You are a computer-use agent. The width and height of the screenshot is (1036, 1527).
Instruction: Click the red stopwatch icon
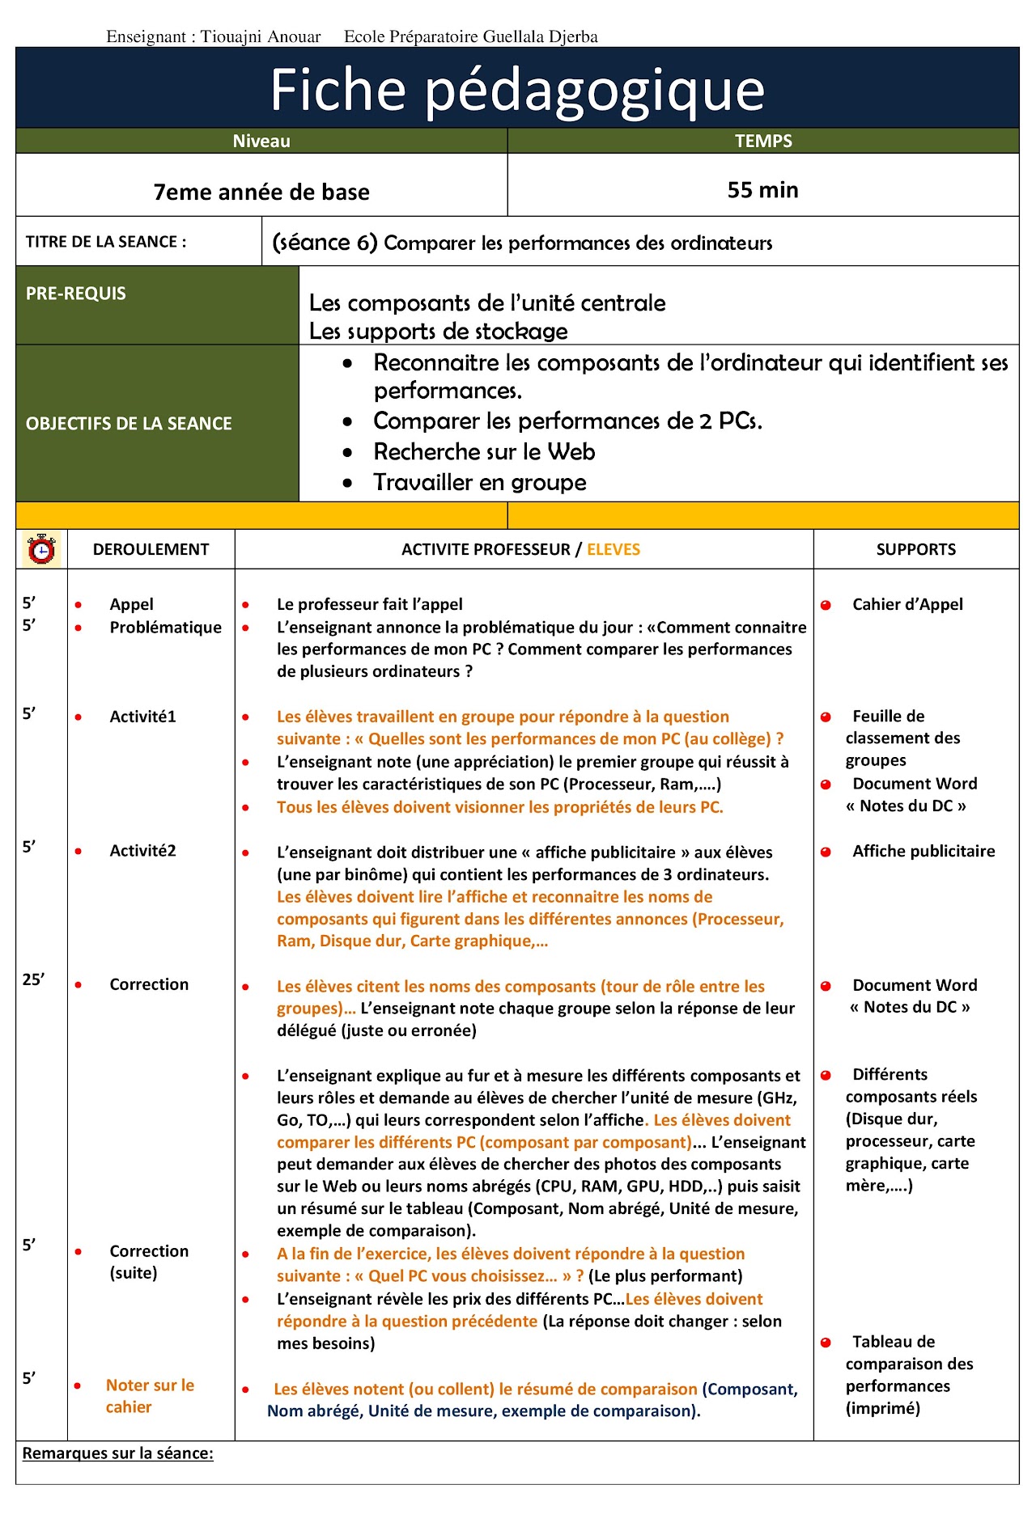41,549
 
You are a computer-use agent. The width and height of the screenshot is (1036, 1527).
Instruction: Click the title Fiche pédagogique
517,89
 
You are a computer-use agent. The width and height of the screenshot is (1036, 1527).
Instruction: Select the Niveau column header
261,141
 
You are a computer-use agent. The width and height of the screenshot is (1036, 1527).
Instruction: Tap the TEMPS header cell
762,141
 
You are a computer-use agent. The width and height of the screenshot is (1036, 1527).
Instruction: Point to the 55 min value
762,190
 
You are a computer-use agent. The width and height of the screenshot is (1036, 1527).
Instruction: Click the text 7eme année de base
261,192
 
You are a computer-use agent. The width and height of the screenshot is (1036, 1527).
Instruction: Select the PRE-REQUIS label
76,294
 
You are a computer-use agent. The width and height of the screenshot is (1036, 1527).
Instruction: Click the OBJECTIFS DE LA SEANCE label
129,424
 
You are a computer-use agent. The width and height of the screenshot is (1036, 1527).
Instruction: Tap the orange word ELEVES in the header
613,550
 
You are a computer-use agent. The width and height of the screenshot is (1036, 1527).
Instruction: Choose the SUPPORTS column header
915,550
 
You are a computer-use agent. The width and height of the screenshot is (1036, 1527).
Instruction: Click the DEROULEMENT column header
151,550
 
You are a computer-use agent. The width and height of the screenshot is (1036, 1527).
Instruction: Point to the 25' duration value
33,979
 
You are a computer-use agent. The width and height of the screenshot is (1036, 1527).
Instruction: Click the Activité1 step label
142,717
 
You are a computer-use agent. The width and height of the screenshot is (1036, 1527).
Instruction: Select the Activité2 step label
142,851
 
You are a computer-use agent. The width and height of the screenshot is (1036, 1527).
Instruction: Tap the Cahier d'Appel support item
906,605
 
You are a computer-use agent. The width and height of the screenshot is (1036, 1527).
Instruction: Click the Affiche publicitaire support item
923,851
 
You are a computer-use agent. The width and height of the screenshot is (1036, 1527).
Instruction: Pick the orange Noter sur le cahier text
149,1396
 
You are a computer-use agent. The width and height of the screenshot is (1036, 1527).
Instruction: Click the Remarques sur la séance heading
118,1453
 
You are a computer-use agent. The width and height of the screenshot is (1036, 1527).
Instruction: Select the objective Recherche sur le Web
484,452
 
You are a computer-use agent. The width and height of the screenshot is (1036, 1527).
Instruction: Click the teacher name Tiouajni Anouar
261,36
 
